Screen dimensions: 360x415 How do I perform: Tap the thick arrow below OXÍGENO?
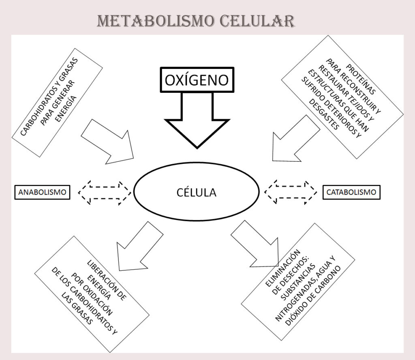tap(197, 122)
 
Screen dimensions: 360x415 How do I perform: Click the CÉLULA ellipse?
tap(196, 192)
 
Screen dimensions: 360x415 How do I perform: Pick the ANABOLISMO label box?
tap(42, 192)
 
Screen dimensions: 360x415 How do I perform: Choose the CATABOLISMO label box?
tap(352, 192)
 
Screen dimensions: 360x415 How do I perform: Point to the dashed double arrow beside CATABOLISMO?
tap(291, 192)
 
